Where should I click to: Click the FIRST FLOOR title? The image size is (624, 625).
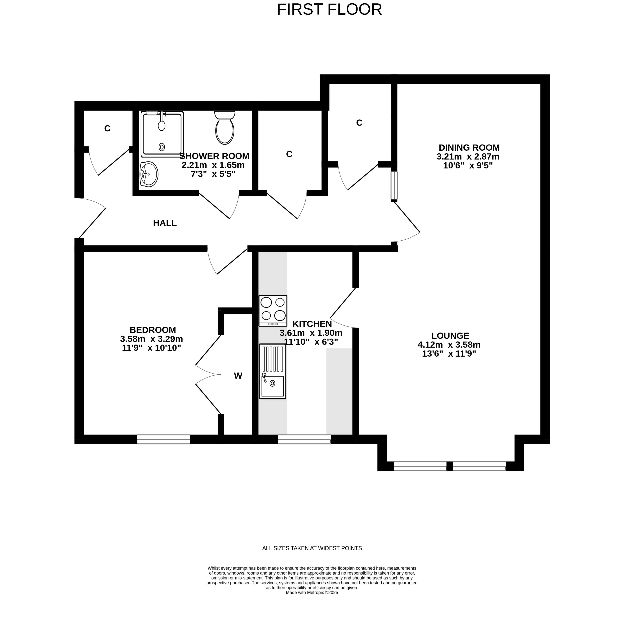[x=329, y=9]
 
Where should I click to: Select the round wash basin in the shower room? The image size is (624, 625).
[x=149, y=174]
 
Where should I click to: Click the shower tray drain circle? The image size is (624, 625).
[x=162, y=147]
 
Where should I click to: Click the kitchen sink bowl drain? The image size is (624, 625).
[x=272, y=383]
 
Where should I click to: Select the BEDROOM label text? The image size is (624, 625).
[x=153, y=330]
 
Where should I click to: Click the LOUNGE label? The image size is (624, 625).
[x=450, y=336]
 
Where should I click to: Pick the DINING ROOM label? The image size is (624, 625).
[x=469, y=148]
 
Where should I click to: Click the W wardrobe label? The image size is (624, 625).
[x=238, y=375]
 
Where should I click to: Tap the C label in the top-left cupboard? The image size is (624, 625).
[x=107, y=128]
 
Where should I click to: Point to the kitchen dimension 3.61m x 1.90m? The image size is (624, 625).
[x=311, y=333]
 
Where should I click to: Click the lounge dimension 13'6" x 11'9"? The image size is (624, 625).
[x=449, y=354]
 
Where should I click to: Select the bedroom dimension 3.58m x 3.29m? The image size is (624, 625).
[x=151, y=339]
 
